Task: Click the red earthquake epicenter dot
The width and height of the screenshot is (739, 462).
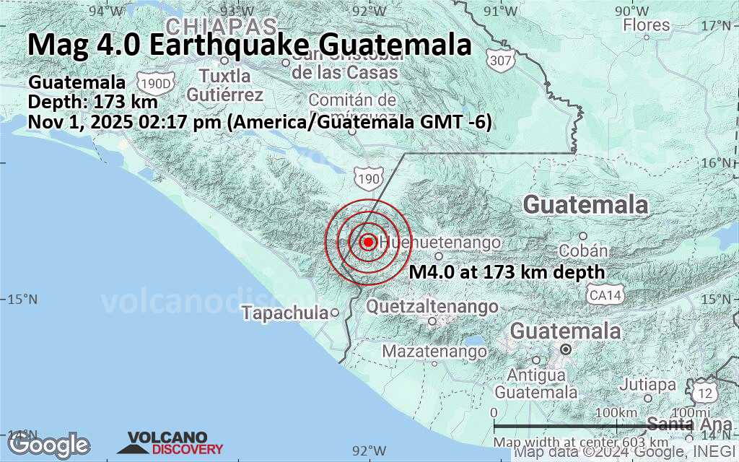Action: (367, 242)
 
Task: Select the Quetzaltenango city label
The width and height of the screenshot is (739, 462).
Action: (432, 307)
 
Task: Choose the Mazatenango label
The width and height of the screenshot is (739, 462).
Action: (434, 352)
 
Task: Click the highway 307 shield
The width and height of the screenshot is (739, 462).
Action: (499, 60)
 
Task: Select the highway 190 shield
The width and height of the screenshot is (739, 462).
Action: (365, 174)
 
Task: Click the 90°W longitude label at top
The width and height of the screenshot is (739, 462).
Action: (631, 11)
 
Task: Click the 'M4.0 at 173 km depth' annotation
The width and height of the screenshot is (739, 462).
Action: (507, 273)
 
